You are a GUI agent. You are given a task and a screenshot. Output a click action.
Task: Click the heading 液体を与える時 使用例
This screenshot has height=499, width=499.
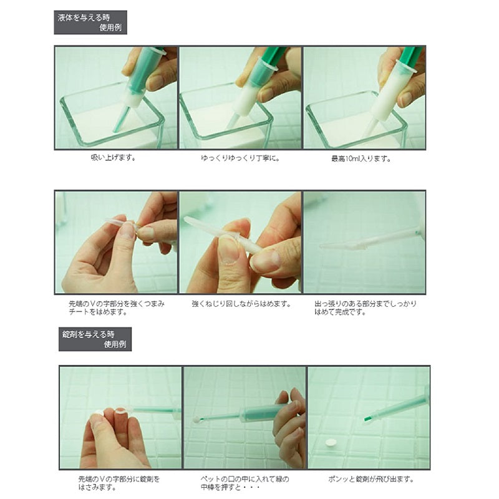(x=90, y=22)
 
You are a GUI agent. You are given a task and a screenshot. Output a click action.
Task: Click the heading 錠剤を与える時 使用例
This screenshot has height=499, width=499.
(x=95, y=339)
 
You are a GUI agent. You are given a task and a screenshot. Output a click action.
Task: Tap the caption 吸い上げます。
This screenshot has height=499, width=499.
(x=114, y=158)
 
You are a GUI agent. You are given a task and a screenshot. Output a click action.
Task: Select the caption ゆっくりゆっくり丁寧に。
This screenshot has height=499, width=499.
(x=241, y=158)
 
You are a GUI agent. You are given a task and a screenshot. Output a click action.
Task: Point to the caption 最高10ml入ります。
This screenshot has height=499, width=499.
(x=361, y=158)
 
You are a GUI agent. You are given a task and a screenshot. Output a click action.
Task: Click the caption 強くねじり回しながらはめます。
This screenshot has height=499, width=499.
(x=241, y=304)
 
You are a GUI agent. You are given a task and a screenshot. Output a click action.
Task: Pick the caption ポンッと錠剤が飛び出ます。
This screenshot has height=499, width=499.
(x=371, y=479)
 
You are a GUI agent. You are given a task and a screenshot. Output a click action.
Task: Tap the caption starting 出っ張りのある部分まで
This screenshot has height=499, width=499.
(x=366, y=308)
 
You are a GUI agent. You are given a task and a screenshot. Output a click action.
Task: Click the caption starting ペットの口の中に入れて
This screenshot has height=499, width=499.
(x=245, y=483)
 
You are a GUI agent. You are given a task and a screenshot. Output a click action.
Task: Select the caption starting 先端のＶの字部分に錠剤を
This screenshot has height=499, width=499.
(x=119, y=483)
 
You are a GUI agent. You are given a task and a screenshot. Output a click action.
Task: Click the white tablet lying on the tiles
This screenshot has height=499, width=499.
(x=331, y=443)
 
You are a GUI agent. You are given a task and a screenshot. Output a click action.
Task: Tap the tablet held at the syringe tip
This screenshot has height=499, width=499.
(x=196, y=420)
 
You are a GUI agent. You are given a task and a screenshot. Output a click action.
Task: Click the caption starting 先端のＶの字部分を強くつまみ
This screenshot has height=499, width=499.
(x=117, y=308)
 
